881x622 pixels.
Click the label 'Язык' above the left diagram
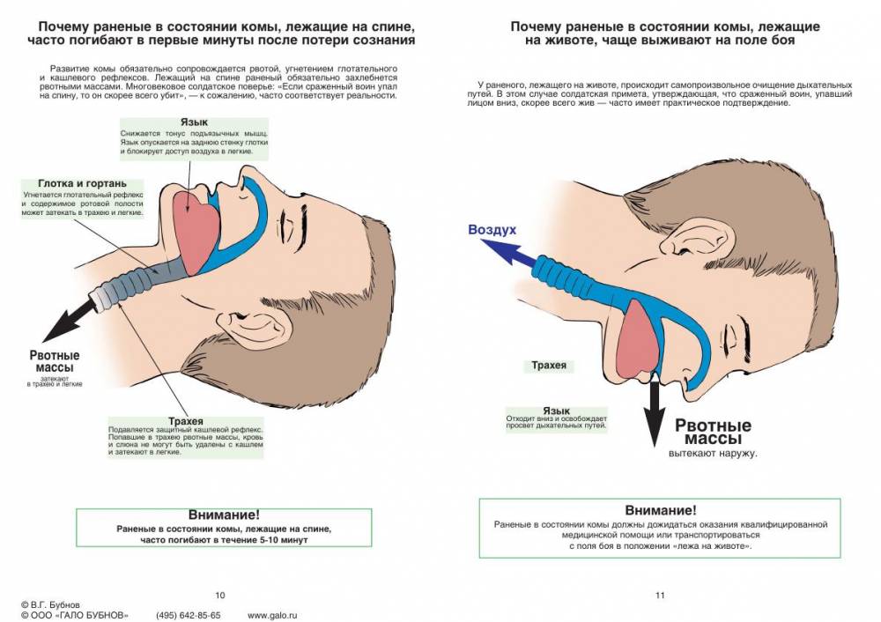194,122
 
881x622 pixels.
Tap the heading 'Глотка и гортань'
82,184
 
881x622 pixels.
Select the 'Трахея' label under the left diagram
186,421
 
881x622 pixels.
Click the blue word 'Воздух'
492,230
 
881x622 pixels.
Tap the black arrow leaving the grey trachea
70,321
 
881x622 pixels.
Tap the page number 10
220,595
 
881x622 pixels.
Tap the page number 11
660,595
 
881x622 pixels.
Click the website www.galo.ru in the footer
272,615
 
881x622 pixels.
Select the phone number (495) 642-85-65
189,615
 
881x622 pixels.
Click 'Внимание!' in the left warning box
224,515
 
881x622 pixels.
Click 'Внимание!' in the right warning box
661,510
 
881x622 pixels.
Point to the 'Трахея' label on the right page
549,366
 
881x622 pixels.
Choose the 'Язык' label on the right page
556,411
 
